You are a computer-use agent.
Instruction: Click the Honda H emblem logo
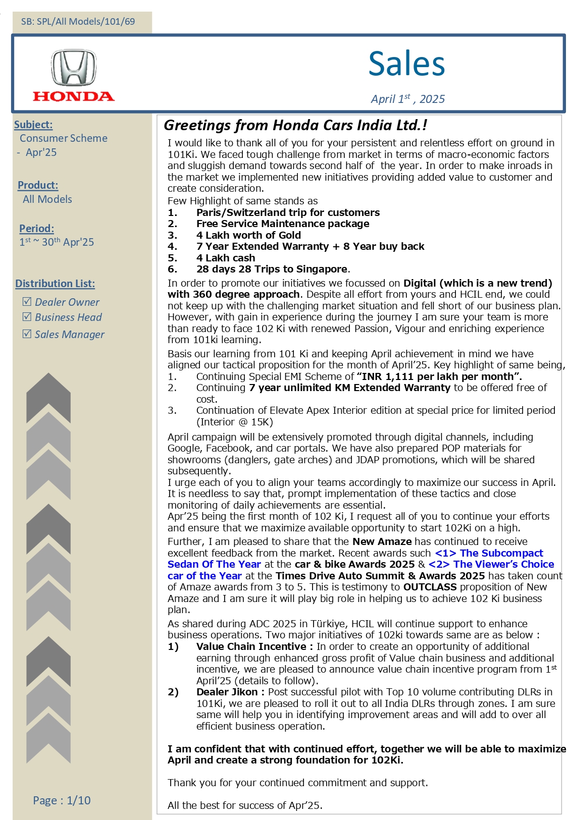coord(74,68)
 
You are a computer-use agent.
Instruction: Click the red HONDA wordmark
coord(74,96)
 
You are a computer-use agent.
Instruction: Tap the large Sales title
coord(406,64)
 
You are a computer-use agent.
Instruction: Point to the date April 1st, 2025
coord(408,99)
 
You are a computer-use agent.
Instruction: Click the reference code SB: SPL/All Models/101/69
coord(78,22)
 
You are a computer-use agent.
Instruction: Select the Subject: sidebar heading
coord(33,125)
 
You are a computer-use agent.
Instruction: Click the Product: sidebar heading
coord(38,185)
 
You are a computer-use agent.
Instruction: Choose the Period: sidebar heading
coord(36,229)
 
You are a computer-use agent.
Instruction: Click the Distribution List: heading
coord(55,284)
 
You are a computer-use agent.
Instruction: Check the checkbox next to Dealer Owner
coord(27,302)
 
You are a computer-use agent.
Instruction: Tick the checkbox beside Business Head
coord(27,317)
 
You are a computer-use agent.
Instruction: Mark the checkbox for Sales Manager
coord(27,334)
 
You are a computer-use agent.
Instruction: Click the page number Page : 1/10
coord(62,800)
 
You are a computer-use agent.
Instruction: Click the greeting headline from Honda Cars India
coord(296,125)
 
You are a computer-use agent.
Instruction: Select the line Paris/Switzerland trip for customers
coord(288,212)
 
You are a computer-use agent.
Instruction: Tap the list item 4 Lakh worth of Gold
coord(248,235)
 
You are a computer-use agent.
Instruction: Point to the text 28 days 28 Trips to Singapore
coord(272,269)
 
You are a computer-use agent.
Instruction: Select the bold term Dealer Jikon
coord(227,692)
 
